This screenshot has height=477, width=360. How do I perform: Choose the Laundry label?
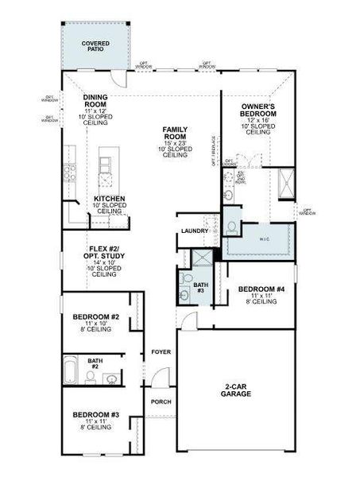tap(194, 231)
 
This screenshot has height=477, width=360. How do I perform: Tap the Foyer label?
tap(161, 351)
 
